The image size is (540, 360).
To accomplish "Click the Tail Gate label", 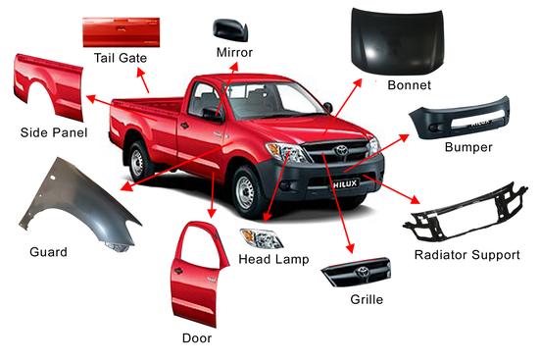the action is [x=121, y=58].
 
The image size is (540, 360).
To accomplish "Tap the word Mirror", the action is [x=234, y=52].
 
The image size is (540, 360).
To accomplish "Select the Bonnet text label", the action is [x=409, y=84].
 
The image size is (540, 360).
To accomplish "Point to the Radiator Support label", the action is [x=467, y=255].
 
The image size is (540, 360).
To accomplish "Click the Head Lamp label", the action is [x=273, y=259].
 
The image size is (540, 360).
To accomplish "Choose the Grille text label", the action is [x=367, y=299].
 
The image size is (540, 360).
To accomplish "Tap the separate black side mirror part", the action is [x=230, y=29].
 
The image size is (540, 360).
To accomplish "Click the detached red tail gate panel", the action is [x=121, y=32].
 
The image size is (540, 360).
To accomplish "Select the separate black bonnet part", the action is [x=397, y=40].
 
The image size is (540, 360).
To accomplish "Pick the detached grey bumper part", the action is [x=460, y=119].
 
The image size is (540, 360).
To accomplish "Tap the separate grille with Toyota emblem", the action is [x=357, y=272].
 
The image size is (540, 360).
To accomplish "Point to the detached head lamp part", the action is [x=262, y=238].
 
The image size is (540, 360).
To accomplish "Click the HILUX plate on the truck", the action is [x=345, y=184].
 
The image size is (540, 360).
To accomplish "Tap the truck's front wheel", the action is [x=246, y=191].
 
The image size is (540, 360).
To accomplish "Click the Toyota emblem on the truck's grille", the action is [x=341, y=150].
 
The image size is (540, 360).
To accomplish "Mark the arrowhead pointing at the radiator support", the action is [x=415, y=199].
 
